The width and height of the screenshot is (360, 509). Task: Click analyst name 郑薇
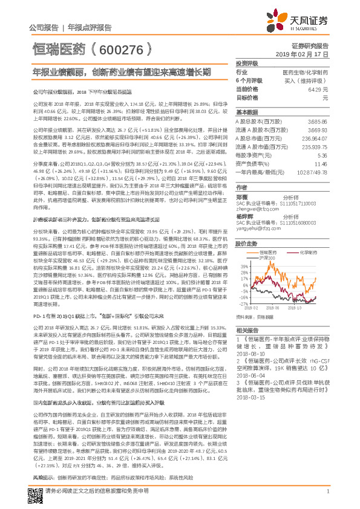(242, 196)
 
